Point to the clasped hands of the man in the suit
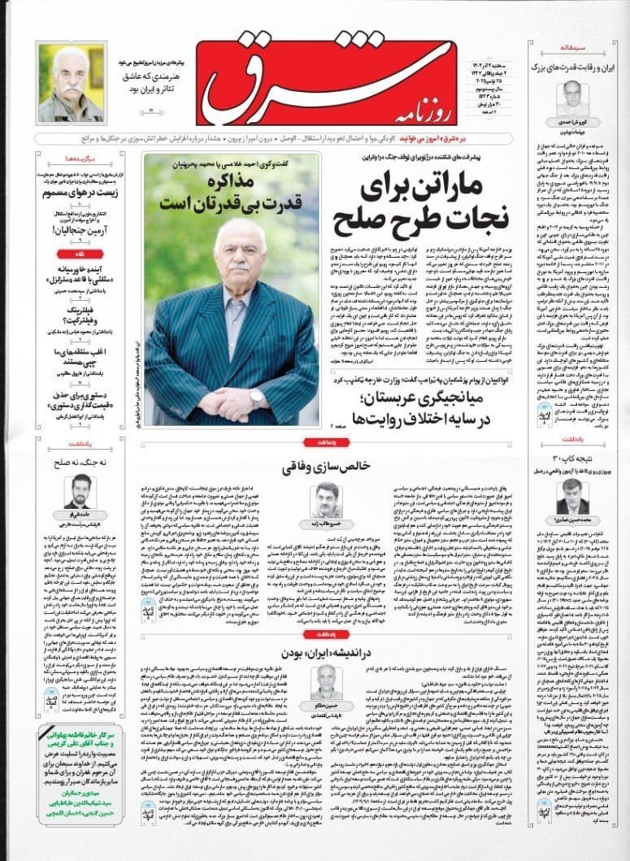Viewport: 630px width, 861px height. point(231,402)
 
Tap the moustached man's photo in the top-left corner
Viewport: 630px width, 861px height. point(71,83)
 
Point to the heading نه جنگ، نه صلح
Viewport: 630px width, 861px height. point(79,461)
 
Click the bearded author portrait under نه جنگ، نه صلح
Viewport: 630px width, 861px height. point(79,491)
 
